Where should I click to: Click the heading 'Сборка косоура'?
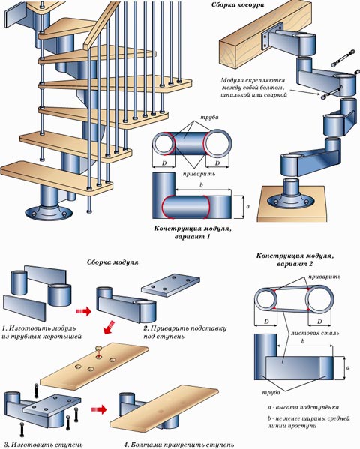(x=238, y=5)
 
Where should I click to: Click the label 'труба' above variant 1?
(x=209, y=118)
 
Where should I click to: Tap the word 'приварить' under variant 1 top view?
(x=199, y=174)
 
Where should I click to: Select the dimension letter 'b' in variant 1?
(x=201, y=184)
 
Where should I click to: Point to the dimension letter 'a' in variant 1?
(x=248, y=206)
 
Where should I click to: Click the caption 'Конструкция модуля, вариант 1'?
(x=193, y=233)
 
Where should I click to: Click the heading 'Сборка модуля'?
(x=112, y=262)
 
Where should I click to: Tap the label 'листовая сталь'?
(x=315, y=333)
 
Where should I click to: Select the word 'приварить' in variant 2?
(x=325, y=277)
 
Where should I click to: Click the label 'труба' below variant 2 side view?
(x=271, y=393)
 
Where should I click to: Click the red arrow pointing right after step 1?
(x=83, y=311)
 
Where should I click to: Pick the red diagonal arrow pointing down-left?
(x=109, y=328)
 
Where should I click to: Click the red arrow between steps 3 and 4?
(x=99, y=409)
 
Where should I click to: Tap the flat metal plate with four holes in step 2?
(x=171, y=284)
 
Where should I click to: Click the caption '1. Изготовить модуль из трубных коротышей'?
(x=41, y=332)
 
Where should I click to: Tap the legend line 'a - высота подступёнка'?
(x=303, y=407)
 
